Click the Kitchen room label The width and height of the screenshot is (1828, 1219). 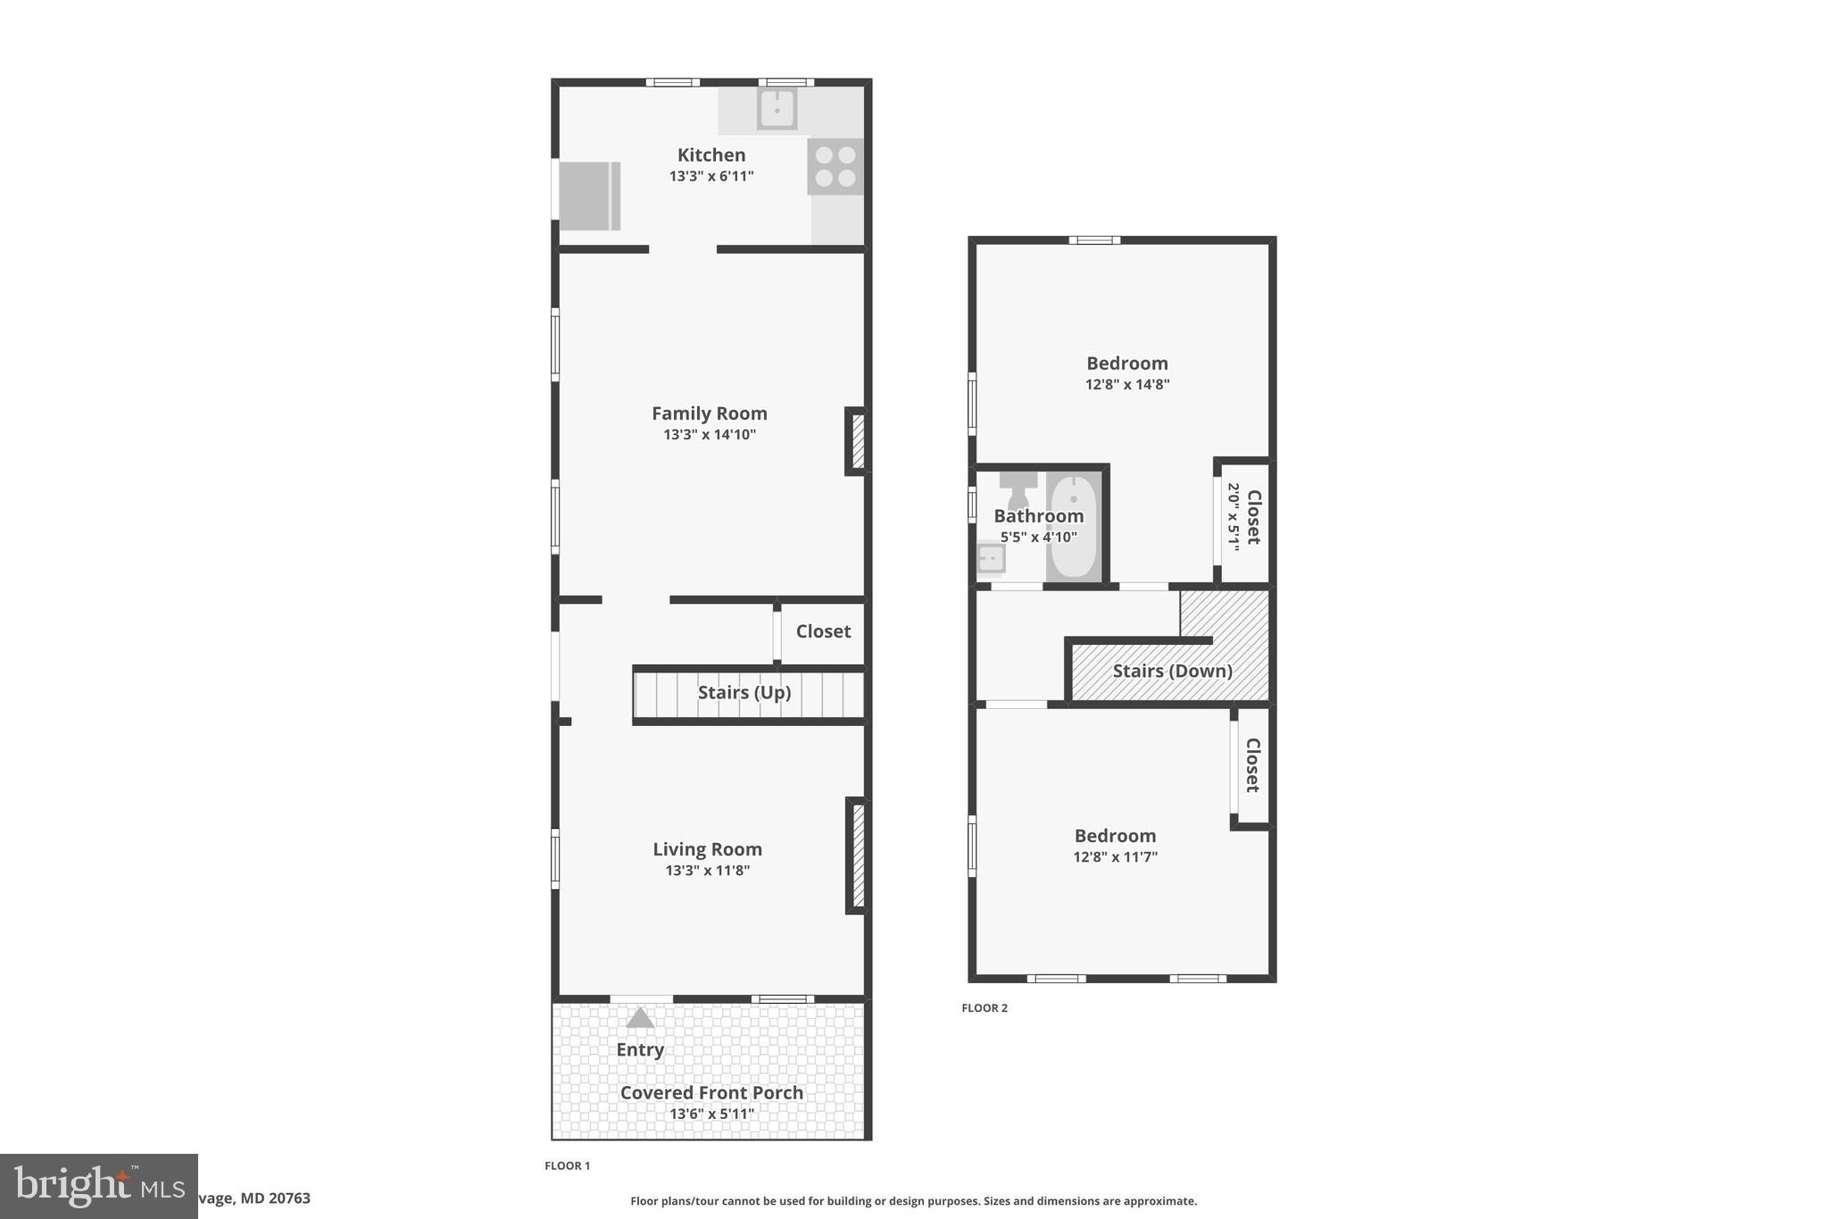pyautogui.click(x=710, y=155)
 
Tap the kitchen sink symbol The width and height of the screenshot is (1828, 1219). pyautogui.click(x=777, y=109)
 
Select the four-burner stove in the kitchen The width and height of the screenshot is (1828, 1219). pyautogui.click(x=835, y=166)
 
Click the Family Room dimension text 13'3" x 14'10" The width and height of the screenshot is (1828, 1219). pyautogui.click(x=709, y=435)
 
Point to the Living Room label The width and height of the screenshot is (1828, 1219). pyautogui.click(x=707, y=849)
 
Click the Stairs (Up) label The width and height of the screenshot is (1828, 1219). pyautogui.click(x=744, y=693)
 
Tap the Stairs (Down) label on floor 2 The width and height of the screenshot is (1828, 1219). pyautogui.click(x=1172, y=671)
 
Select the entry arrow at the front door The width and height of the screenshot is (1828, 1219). pyautogui.click(x=640, y=1018)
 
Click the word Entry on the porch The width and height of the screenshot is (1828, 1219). pyautogui.click(x=640, y=1049)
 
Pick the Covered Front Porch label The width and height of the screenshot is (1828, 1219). pyautogui.click(x=711, y=1092)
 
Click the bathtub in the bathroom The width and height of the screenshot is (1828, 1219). pyautogui.click(x=1073, y=527)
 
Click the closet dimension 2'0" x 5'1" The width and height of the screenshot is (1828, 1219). pyautogui.click(x=1234, y=517)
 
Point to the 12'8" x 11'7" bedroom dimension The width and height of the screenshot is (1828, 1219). pyautogui.click(x=1115, y=857)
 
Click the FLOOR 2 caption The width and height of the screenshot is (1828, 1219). pyautogui.click(x=984, y=1008)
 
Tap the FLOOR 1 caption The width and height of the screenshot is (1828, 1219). pyautogui.click(x=567, y=1165)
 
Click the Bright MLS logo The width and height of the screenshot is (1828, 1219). pyautogui.click(x=98, y=1186)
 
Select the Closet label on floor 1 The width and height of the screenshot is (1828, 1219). pyautogui.click(x=823, y=631)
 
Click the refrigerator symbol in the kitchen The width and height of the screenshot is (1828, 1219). pyautogui.click(x=588, y=196)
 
